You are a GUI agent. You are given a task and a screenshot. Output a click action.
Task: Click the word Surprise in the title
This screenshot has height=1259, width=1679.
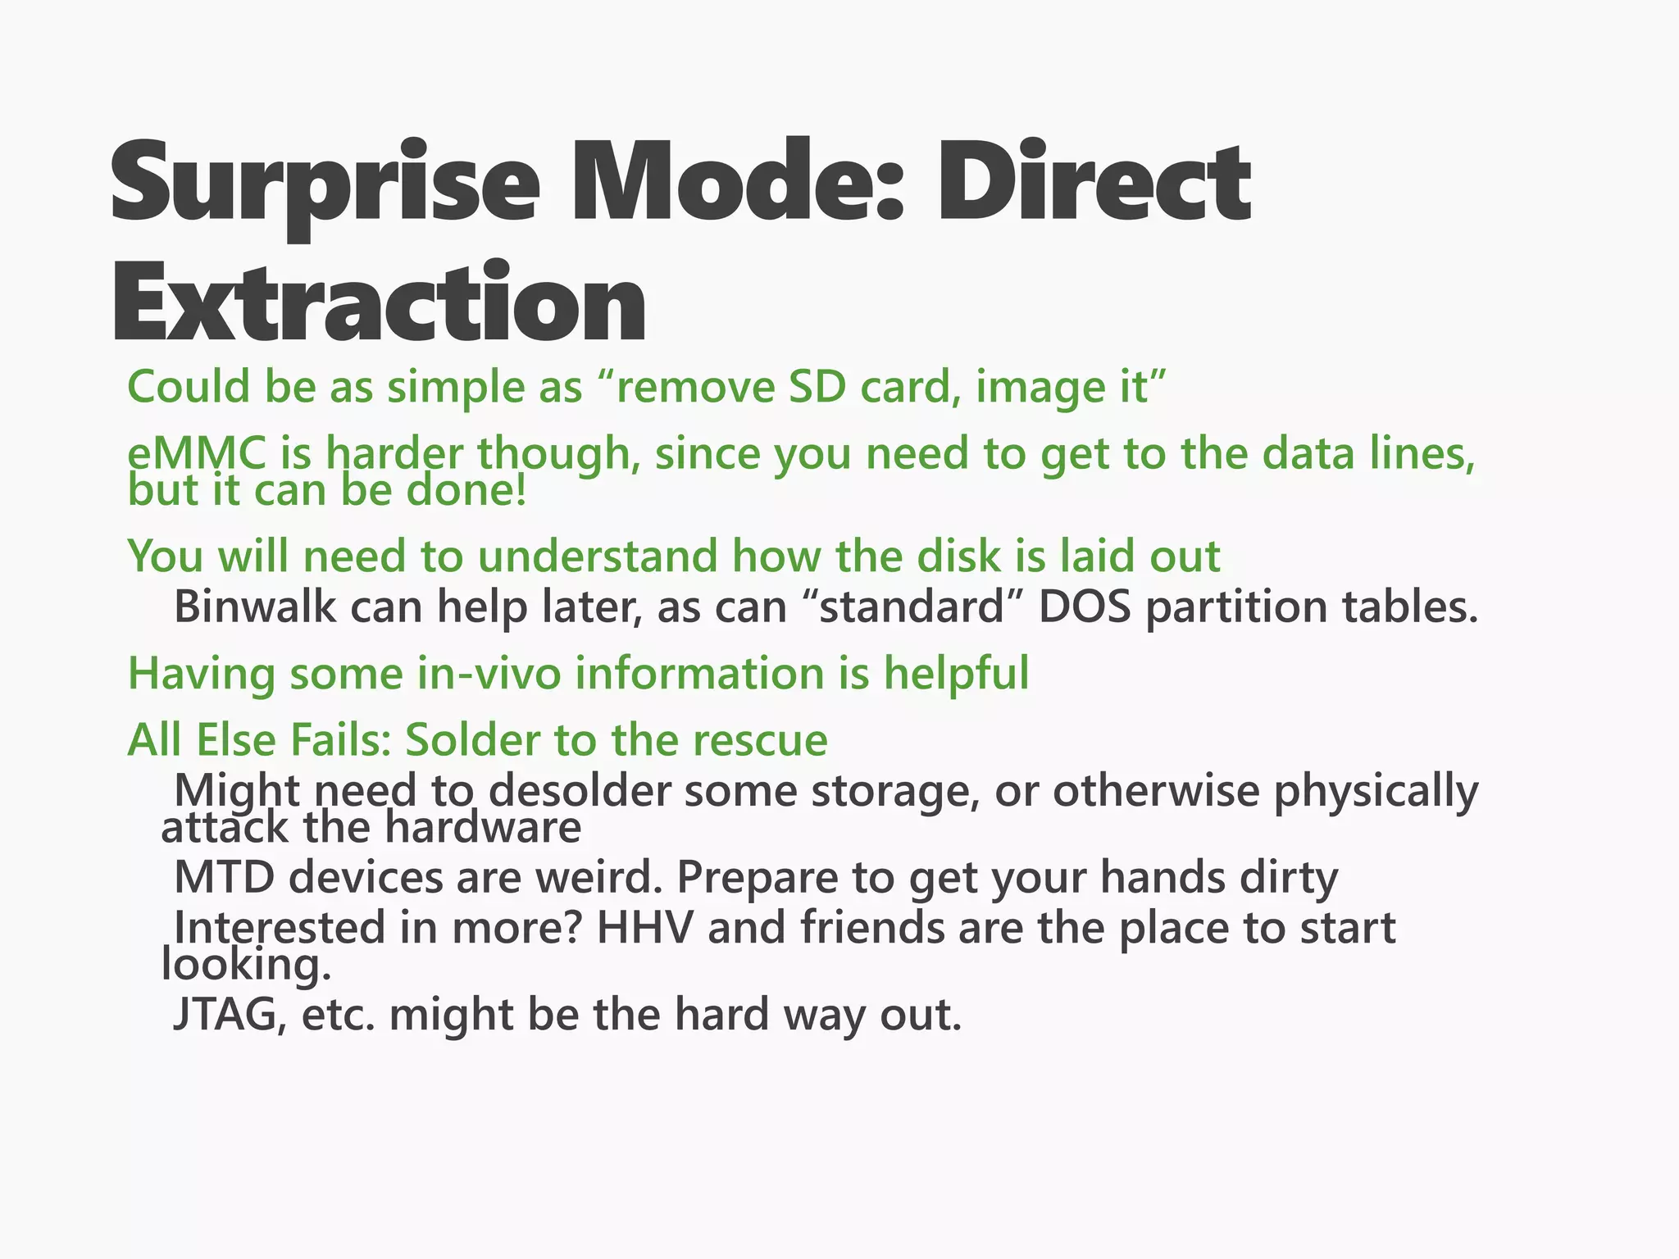[325, 184]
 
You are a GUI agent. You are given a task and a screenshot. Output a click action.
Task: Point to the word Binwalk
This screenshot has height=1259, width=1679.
[256, 607]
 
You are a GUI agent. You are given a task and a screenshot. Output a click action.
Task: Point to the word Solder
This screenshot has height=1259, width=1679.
[473, 740]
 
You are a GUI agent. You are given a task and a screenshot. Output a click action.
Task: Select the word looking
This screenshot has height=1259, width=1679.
[246, 966]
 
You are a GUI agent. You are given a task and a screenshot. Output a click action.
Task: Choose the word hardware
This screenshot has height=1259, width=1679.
[483, 828]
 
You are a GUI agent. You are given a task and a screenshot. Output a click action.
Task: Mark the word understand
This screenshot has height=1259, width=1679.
[598, 557]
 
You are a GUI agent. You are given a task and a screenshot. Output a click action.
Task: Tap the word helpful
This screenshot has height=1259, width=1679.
[956, 674]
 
